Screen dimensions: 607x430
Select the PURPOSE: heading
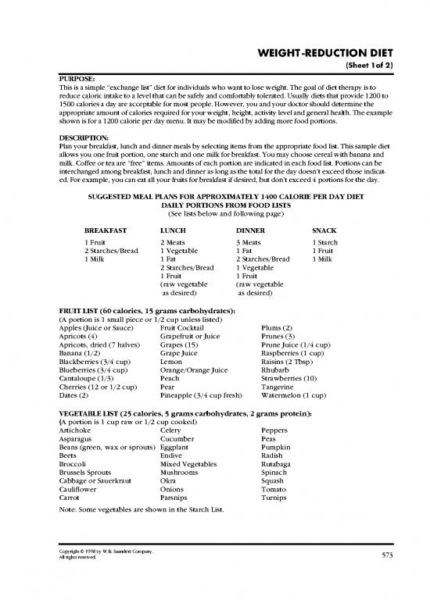click(76, 79)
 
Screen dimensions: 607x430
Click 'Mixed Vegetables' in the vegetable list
click(191, 466)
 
